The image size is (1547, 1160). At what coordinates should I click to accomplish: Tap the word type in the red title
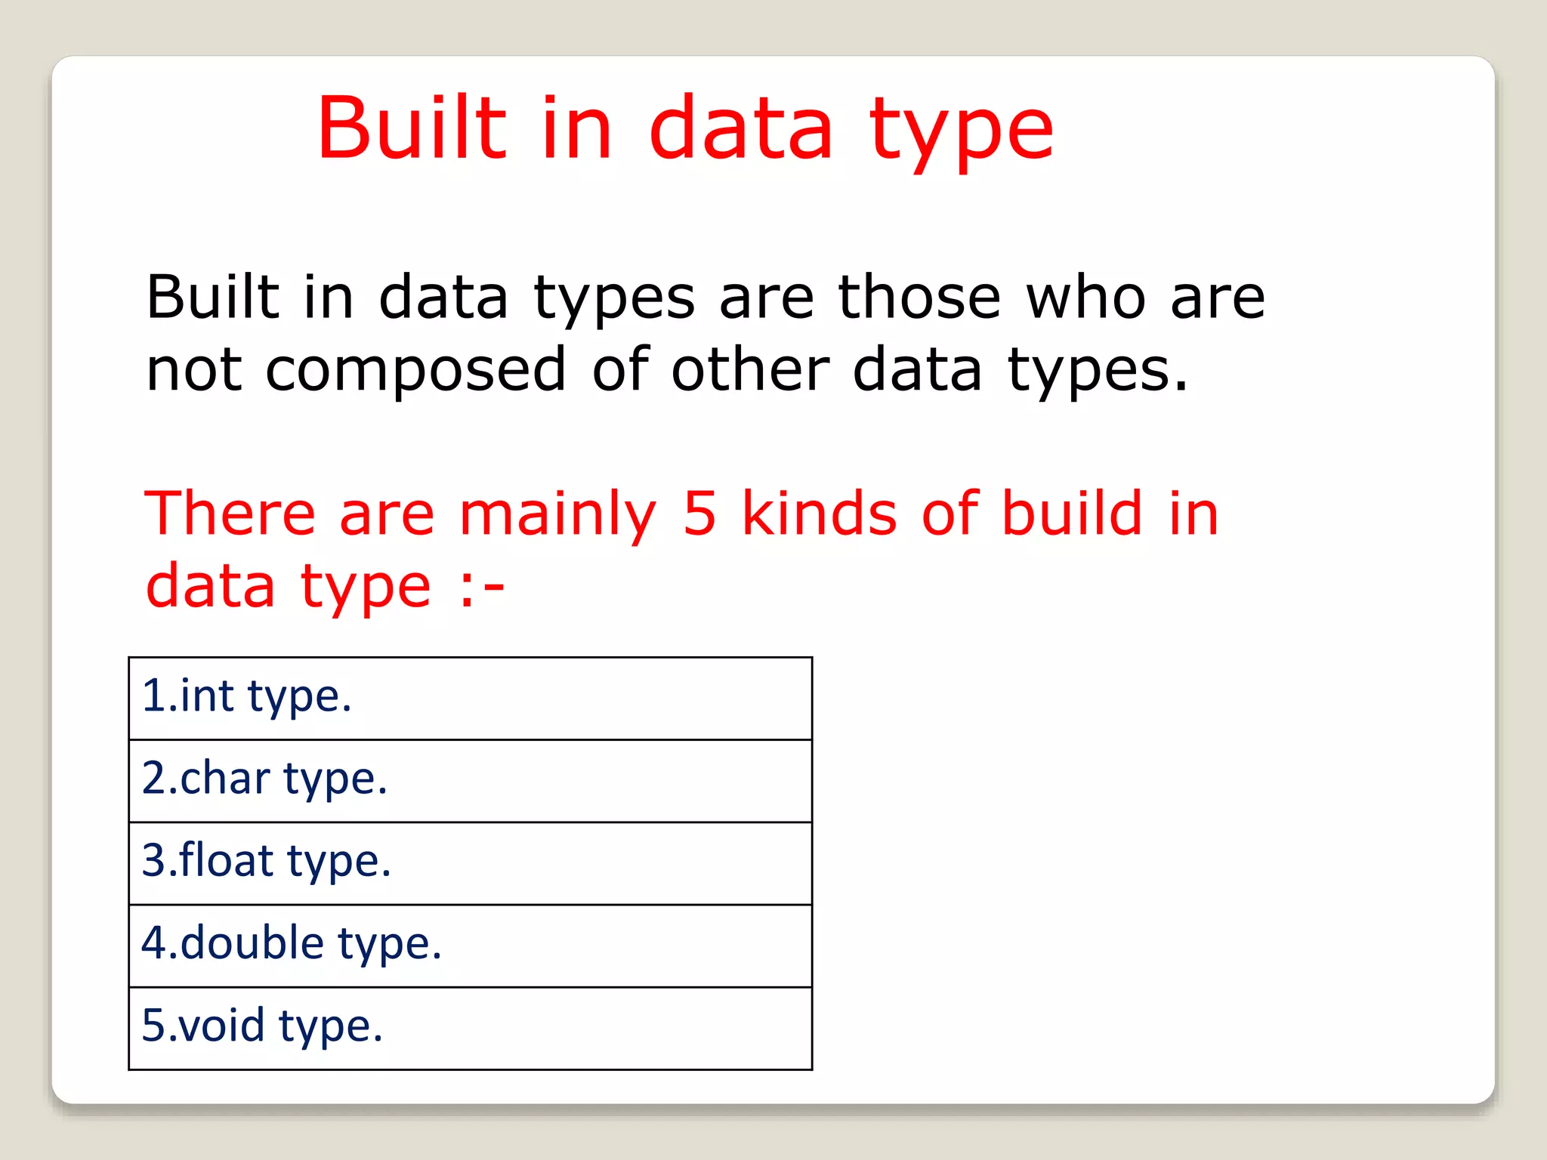pos(961,132)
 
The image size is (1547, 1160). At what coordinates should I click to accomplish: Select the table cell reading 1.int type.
pos(470,698)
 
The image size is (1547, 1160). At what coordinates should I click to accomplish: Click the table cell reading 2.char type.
pos(470,780)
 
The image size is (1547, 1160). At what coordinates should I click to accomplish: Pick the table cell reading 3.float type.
pos(470,862)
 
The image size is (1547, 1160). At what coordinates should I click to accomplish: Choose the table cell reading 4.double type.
pos(470,945)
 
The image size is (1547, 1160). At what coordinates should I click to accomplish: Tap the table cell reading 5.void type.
pos(470,1027)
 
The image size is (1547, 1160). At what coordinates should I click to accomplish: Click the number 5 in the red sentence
pos(699,514)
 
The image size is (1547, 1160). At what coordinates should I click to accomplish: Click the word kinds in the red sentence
pos(819,514)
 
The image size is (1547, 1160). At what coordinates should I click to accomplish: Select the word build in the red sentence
pos(1072,514)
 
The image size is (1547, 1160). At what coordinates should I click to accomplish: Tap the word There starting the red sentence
pos(230,514)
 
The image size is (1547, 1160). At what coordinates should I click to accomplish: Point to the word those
pos(919,298)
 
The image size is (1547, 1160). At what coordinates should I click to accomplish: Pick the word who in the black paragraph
pos(1085,298)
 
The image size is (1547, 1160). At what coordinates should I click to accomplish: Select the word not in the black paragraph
pos(194,370)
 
